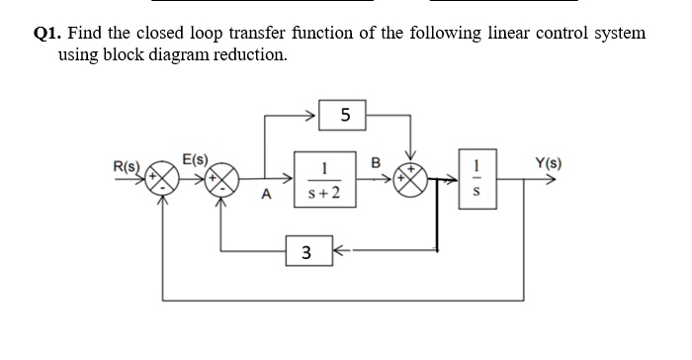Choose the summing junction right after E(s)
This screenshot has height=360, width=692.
coord(221,183)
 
